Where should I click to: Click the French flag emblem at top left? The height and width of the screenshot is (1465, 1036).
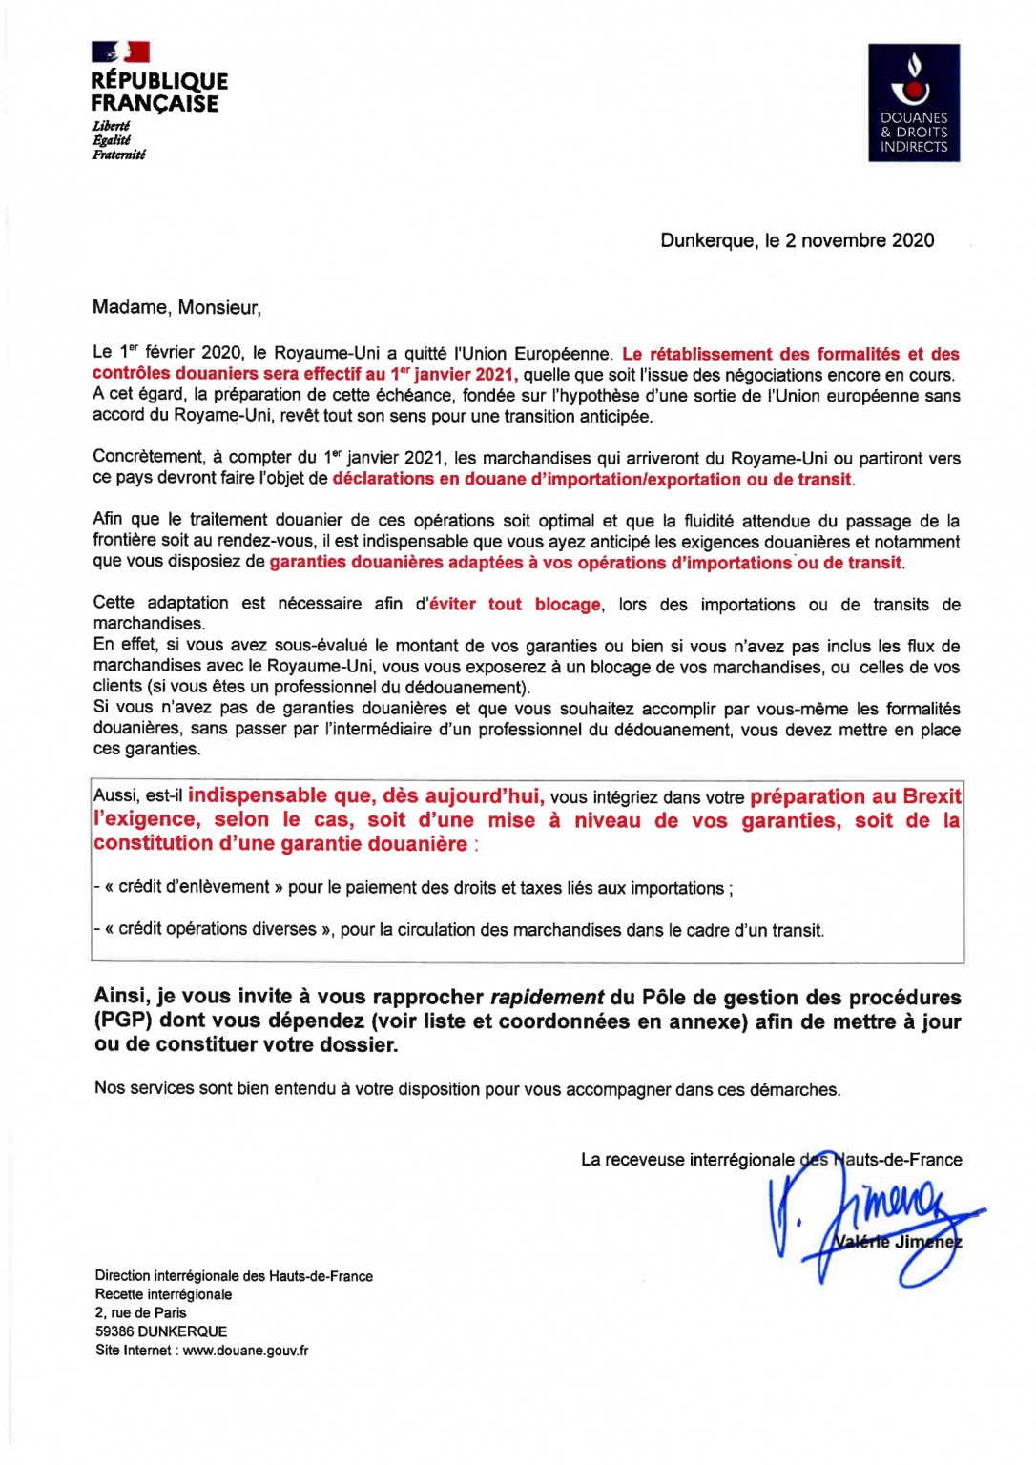click(120, 52)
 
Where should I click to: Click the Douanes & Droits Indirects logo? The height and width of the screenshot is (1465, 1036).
click(913, 102)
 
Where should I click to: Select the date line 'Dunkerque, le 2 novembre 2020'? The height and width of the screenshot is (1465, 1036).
click(797, 240)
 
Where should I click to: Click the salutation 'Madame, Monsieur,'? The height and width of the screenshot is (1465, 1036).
click(176, 307)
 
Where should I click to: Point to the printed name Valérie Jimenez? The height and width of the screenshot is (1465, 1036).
click(897, 1242)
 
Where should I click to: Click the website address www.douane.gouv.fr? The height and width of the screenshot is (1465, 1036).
click(245, 1350)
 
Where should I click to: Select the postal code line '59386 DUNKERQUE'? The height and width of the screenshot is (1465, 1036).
click(161, 1331)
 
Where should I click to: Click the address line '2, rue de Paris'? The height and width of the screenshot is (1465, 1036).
click(140, 1312)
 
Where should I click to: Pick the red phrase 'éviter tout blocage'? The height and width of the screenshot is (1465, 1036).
click(515, 604)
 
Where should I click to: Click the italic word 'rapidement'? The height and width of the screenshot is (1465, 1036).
click(547, 997)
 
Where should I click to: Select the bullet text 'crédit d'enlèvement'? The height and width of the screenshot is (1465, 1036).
click(194, 887)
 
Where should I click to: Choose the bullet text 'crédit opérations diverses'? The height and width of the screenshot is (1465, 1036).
click(218, 929)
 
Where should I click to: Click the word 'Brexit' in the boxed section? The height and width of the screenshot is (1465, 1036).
click(931, 796)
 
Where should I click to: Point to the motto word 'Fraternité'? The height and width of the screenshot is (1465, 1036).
click(118, 155)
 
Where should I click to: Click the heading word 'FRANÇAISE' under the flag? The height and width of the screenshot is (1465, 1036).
click(155, 104)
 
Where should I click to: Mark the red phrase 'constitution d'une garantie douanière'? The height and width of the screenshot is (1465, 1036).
click(280, 843)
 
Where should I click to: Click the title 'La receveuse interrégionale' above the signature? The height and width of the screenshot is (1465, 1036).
click(687, 1160)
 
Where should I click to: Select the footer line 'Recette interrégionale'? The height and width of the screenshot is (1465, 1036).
click(163, 1294)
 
